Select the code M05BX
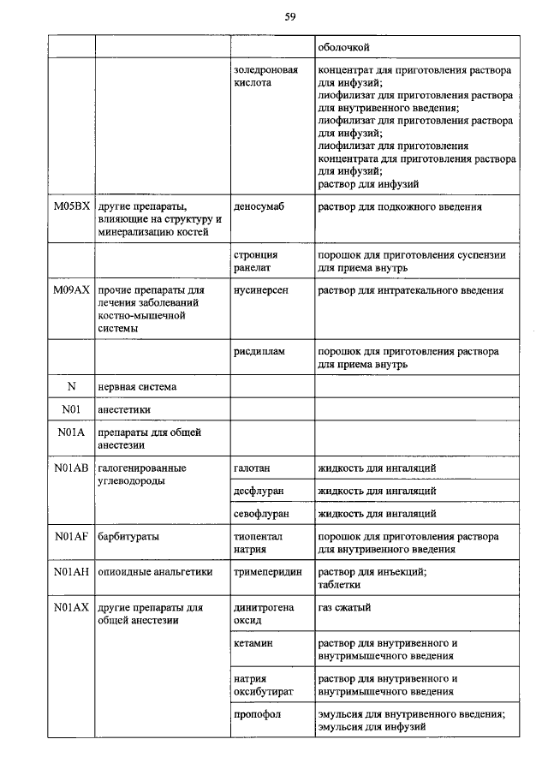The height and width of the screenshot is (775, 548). click(x=71, y=207)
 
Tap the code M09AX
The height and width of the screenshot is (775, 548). click(x=71, y=290)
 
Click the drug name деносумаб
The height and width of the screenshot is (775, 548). click(x=259, y=207)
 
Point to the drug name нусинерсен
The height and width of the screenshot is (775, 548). click(x=261, y=290)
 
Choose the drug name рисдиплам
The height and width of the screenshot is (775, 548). click(x=259, y=351)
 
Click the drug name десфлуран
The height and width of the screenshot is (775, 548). click(x=258, y=491)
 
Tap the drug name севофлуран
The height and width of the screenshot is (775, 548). click(x=261, y=514)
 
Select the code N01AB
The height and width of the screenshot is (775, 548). click(x=71, y=468)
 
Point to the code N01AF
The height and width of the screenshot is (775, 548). click(x=71, y=537)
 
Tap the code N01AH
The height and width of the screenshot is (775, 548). click(x=71, y=572)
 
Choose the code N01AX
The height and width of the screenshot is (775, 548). click(x=71, y=607)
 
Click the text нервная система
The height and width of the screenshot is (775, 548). click(x=137, y=386)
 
